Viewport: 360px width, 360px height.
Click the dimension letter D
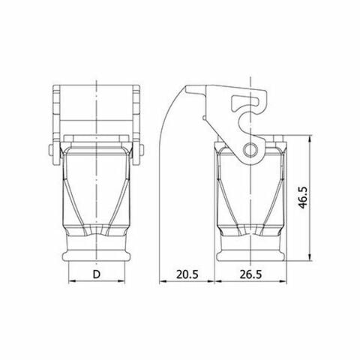coord(97,275)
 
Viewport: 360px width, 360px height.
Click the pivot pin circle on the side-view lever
coord(250,148)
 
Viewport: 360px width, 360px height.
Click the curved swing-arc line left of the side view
coord(166,135)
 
